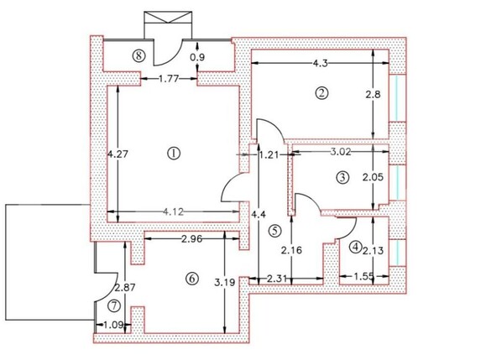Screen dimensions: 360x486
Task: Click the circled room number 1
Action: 174,154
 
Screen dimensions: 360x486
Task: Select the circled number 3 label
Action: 342,177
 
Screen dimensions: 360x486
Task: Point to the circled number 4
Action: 356,247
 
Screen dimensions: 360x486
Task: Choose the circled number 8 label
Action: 139,55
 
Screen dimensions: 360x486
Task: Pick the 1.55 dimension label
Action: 364,274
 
